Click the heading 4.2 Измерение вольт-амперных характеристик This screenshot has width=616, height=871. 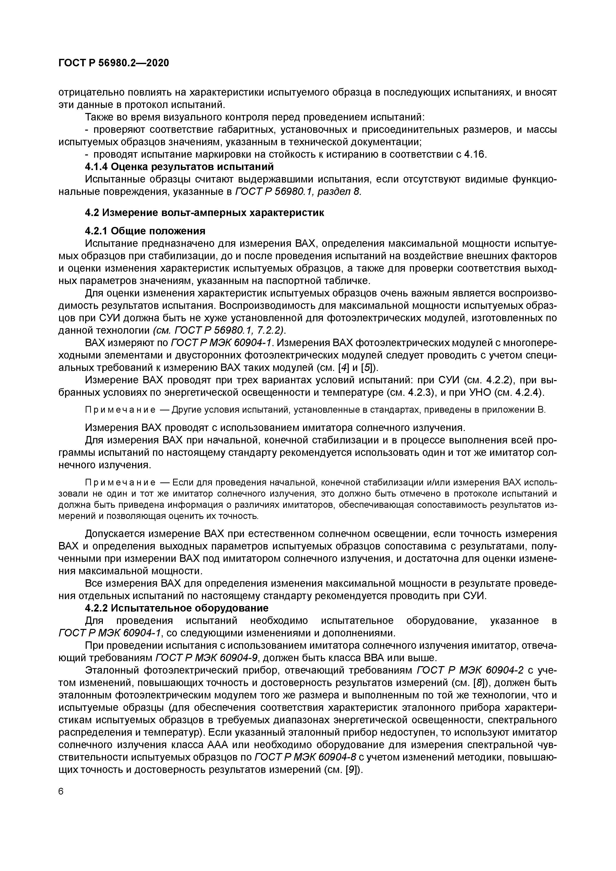point(205,213)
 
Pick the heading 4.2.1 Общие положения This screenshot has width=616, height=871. point(145,231)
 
